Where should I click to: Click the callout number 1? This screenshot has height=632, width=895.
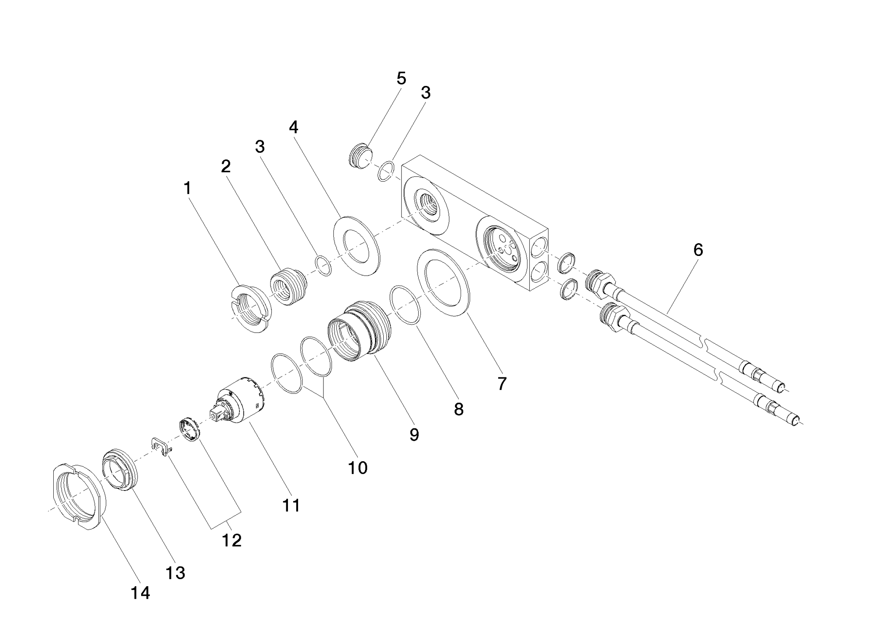point(187,189)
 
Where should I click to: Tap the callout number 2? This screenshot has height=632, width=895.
point(225,166)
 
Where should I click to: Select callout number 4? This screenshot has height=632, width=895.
point(293,128)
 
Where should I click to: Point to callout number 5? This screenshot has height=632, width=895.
point(401,79)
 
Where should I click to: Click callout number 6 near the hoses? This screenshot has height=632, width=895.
point(698,250)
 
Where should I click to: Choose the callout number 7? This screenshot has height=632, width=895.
point(502,383)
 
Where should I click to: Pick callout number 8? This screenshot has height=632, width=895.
point(458,409)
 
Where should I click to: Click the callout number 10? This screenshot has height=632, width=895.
point(357,468)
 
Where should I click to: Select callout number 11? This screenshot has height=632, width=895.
point(291,505)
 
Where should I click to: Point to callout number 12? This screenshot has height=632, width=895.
point(232,541)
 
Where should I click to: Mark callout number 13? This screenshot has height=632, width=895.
point(175,573)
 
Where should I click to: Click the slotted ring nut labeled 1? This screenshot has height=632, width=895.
point(251,308)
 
